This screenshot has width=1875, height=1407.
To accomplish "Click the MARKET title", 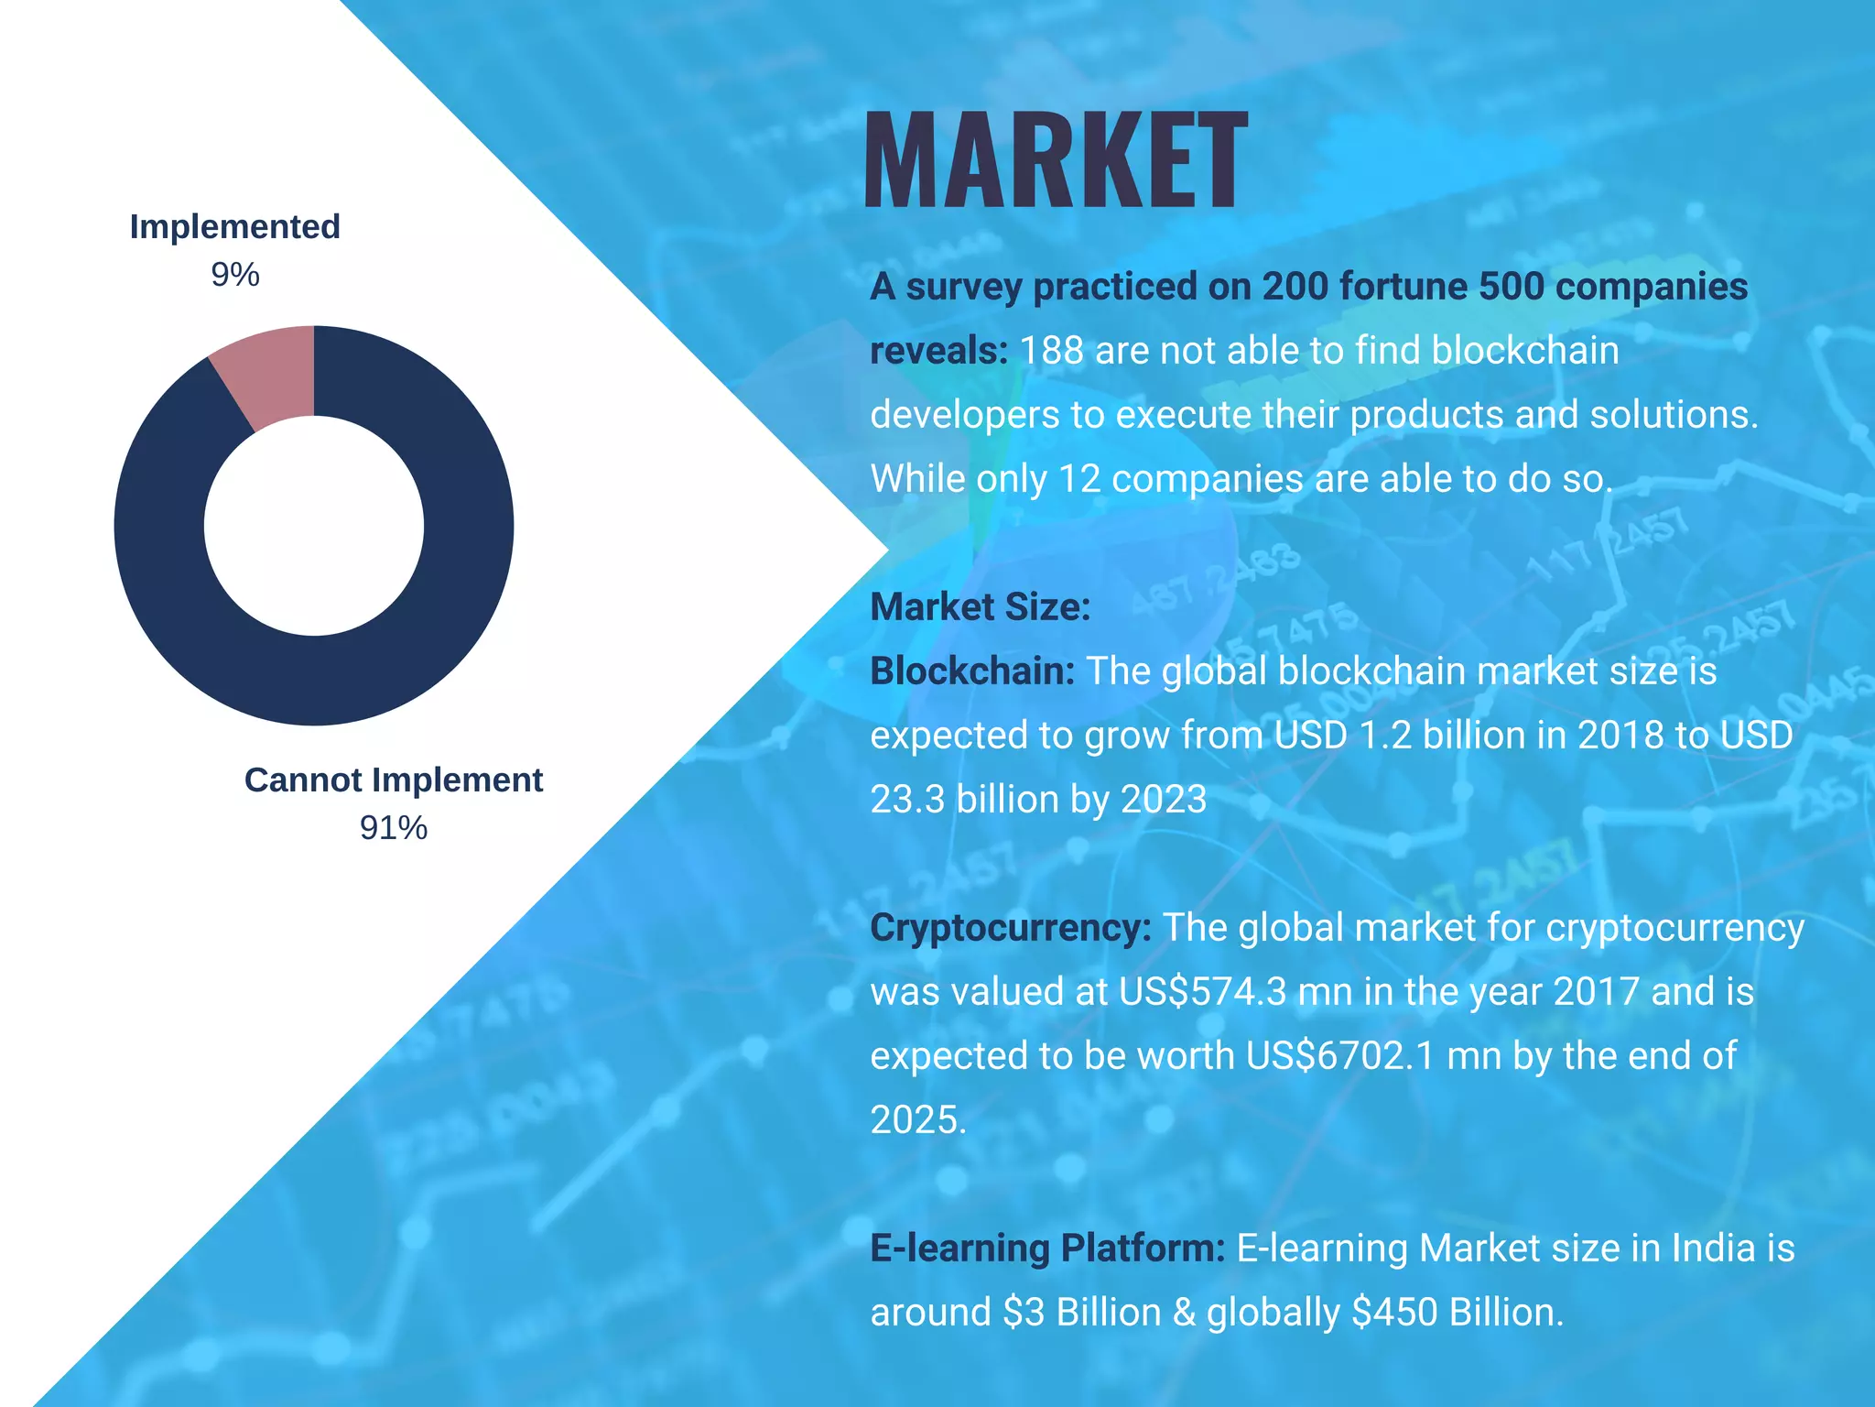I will point(1055,161).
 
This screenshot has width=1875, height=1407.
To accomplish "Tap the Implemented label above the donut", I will point(234,226).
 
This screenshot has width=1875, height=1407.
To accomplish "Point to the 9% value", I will point(235,274).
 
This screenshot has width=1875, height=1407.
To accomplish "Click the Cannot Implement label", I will point(393,780).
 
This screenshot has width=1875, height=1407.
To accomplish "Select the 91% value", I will point(393,827).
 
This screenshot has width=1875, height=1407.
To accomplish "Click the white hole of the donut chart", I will point(313,526).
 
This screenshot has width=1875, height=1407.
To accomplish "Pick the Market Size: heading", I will point(980,606).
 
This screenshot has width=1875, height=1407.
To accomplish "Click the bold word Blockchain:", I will point(971,671).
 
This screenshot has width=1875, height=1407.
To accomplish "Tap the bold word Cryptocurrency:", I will point(1010,927).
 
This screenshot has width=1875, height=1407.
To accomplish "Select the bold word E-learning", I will point(959,1248).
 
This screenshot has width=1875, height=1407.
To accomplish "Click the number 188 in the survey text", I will point(1051,350).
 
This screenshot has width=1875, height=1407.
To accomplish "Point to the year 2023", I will point(1164,799).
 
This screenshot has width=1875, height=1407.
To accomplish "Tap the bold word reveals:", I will point(938,350).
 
